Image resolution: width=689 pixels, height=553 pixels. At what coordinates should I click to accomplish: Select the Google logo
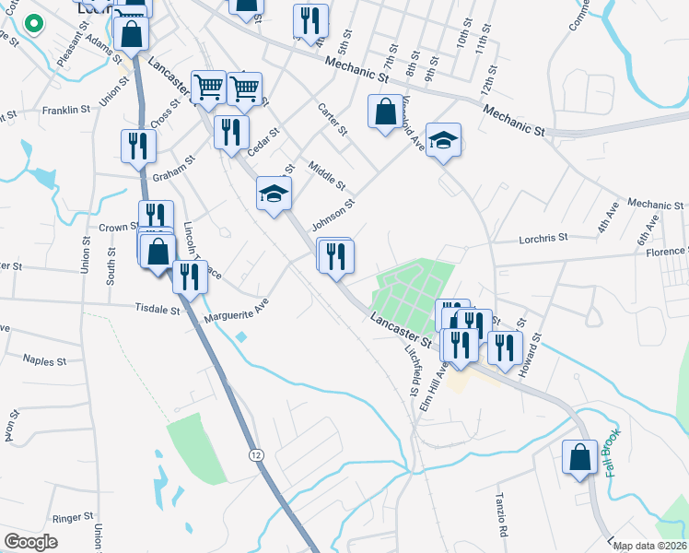pyautogui.click(x=31, y=541)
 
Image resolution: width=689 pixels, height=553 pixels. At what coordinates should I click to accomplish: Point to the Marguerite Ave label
pyautogui.click(x=236, y=313)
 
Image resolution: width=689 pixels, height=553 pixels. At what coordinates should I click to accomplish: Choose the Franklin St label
pyautogui.click(x=65, y=110)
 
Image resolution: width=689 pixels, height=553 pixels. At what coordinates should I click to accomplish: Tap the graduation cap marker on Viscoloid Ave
pyautogui.click(x=443, y=140)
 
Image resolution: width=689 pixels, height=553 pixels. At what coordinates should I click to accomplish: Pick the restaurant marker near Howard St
pyautogui.click(x=504, y=347)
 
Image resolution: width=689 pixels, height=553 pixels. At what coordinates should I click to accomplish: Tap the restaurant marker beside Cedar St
pyautogui.click(x=230, y=131)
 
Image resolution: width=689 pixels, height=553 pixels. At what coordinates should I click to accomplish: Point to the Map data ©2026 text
pyautogui.click(x=648, y=546)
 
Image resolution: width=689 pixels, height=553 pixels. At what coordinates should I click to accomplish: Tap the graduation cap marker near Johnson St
pyautogui.click(x=274, y=194)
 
